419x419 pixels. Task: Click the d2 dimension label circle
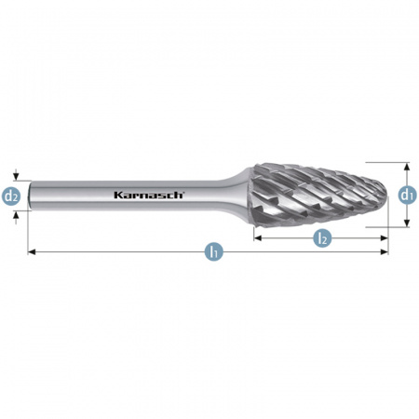tap(11, 196)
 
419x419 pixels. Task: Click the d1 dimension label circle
tap(408, 195)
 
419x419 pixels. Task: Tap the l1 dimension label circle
tap(214, 251)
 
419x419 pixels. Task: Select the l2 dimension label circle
tap(322, 238)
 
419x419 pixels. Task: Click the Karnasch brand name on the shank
tap(149, 195)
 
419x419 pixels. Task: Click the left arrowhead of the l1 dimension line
tap(32, 252)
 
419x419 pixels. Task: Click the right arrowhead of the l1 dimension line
tap(385, 252)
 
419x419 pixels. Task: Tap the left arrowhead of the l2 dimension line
tap(258, 238)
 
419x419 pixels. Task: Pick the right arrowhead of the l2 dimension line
tap(385, 238)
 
